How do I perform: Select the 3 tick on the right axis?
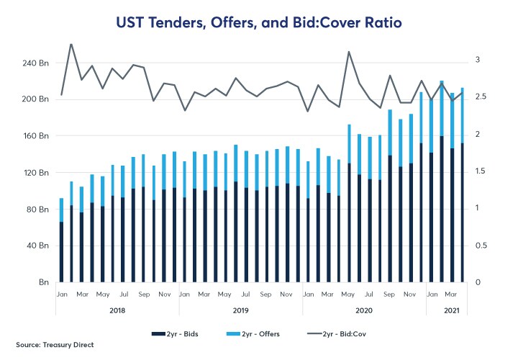(478, 60)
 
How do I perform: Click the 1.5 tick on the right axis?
(480, 171)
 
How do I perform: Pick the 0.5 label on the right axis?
(480, 246)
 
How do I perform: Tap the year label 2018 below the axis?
(118, 310)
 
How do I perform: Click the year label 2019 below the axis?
(240, 310)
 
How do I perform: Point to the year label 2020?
(364, 310)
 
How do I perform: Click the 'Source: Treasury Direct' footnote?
(52, 345)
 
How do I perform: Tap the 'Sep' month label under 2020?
(390, 294)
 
